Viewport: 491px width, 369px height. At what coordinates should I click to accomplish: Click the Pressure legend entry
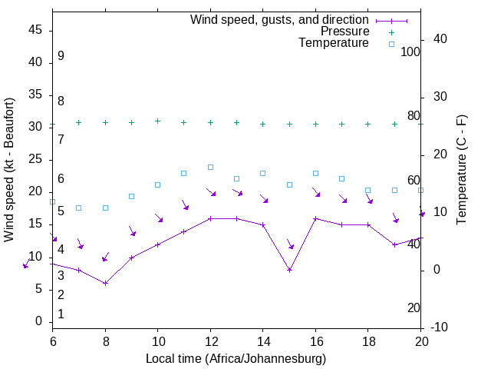pos(344,32)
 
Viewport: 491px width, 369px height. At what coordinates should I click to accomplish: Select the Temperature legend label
pos(334,43)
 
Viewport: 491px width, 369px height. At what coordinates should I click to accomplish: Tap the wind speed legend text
pos(279,19)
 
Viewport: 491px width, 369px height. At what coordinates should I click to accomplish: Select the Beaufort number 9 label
pos(61,56)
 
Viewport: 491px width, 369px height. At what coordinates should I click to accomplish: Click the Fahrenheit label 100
pos(410,52)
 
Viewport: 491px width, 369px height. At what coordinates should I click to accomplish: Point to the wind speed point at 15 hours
pos(289,270)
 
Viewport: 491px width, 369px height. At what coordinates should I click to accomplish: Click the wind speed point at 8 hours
pos(105,283)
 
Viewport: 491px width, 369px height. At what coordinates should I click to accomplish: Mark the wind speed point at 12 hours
pos(210,218)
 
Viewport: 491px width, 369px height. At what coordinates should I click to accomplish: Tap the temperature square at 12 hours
pos(210,167)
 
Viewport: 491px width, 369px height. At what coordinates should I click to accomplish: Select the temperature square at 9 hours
pos(131,196)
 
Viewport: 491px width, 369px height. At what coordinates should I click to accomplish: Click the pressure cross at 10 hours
pos(158,121)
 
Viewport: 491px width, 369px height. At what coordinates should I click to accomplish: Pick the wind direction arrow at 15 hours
pos(291,244)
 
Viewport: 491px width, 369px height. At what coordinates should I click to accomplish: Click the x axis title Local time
pos(236,358)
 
